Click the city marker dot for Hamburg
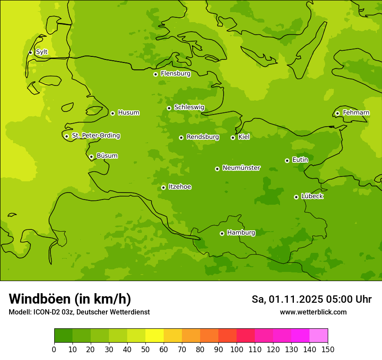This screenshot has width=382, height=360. pos(222,233)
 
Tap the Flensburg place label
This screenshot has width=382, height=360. pos(175,74)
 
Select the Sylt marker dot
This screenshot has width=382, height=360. pos(30,52)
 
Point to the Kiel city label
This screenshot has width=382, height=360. pos(244,137)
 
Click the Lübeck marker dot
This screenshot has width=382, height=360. pos(296,197)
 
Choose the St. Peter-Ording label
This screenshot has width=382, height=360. pos(95,136)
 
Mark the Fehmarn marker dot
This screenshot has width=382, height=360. pos(337,113)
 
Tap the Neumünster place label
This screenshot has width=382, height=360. pos(241,168)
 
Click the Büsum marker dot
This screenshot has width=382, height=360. pos(91,157)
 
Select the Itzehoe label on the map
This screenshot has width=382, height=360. pos(180,187)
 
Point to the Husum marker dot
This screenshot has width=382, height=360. pos(112,113)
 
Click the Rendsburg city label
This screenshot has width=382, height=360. pos(202,137)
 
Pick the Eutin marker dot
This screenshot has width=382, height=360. pos(287,160)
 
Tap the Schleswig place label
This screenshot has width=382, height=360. pos(189,108)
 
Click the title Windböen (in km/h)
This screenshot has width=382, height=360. pos(70,299)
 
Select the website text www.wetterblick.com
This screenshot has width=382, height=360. pos(313,312)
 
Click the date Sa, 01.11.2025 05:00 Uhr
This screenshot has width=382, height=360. pos(311,299)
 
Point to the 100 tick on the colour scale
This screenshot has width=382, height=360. pos(237,349)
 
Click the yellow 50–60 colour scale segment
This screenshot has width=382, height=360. pos(155,336)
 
